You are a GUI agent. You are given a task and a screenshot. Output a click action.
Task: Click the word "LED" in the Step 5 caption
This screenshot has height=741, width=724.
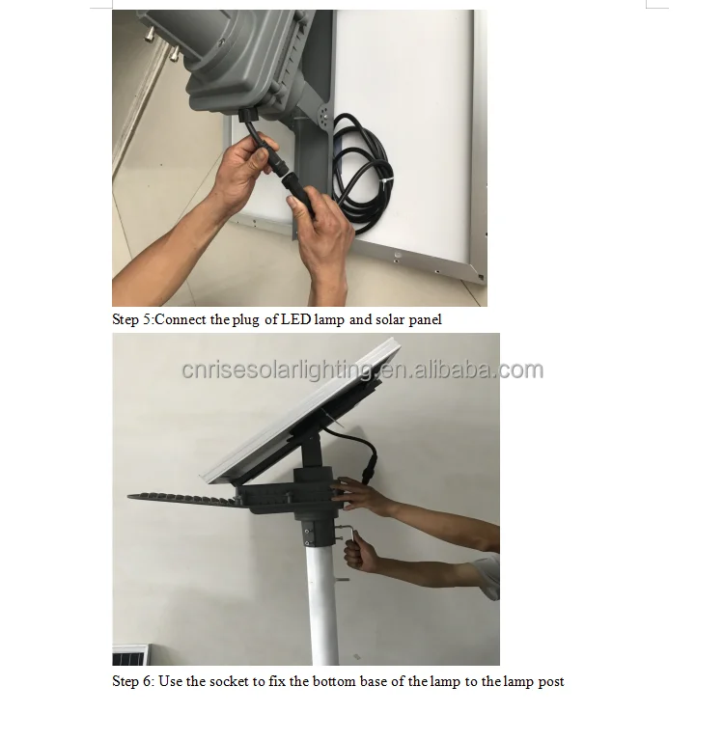295,319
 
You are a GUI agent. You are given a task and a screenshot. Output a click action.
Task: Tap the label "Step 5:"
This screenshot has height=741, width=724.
132,319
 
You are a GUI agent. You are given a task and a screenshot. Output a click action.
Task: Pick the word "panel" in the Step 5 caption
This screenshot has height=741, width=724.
423,319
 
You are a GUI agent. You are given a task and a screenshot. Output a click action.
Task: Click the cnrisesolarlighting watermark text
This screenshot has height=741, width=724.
362,370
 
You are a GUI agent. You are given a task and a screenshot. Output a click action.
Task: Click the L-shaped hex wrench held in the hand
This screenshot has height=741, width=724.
355,535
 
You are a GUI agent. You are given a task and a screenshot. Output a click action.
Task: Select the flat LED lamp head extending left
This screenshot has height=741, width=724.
183,498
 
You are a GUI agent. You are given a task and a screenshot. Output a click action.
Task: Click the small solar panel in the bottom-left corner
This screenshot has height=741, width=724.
130,655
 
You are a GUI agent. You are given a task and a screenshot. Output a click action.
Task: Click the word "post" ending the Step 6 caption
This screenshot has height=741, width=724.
551,681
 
